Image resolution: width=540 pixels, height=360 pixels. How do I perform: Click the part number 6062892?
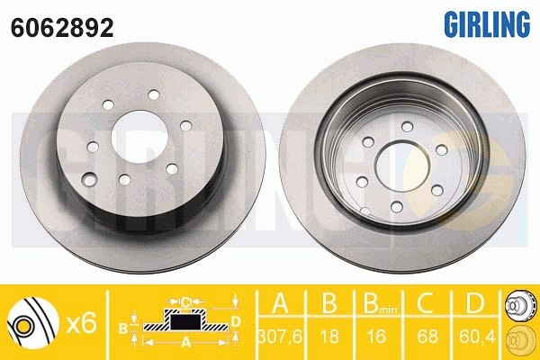(x=62, y=28)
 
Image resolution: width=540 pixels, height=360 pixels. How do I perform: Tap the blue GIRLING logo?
(x=487, y=24)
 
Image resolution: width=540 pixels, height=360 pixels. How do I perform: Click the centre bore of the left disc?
(x=139, y=137)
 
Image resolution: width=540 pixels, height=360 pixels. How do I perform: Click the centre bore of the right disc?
(x=402, y=166)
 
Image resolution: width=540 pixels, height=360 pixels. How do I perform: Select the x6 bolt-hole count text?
(x=81, y=323)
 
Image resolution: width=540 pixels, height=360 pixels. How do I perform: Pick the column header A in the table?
(x=280, y=302)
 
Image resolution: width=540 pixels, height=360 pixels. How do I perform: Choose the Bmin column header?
(x=380, y=303)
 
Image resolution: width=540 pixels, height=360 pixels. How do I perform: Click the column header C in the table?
(x=427, y=302)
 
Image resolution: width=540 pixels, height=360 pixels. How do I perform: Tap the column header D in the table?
(x=474, y=302)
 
